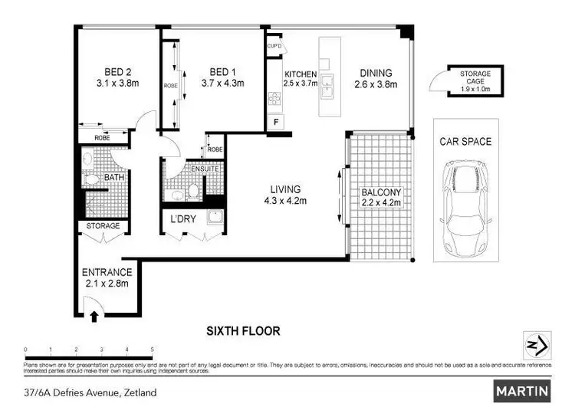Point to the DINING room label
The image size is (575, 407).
point(376,74)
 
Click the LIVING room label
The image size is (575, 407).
point(284,189)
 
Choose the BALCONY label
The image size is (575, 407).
point(381,192)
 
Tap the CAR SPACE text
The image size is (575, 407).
point(465,142)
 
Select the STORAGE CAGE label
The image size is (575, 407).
point(475,77)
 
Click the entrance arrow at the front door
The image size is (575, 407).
point(94,314)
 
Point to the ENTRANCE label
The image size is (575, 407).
point(107,272)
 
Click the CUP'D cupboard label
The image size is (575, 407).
point(274,46)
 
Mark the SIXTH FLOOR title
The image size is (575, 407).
point(243,332)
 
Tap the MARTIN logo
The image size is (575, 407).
point(523,391)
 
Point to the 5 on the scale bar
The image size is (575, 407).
point(153,350)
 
